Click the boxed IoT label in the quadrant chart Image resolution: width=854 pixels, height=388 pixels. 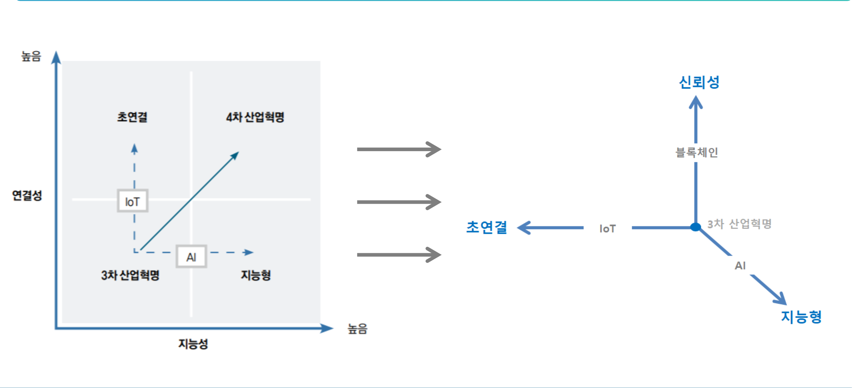click(132, 201)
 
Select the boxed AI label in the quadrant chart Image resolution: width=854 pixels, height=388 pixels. click(191, 257)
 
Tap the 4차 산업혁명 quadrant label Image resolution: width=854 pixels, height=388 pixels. click(255, 117)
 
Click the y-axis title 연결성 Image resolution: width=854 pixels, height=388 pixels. click(27, 195)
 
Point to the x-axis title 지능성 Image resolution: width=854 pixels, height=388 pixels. click(193, 344)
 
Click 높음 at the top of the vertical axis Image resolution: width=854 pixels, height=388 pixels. click(31, 56)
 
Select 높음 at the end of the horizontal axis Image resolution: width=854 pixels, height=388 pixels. click(357, 329)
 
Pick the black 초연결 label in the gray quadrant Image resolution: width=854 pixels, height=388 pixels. click(132, 117)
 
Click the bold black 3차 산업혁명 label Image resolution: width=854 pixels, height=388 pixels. click(130, 275)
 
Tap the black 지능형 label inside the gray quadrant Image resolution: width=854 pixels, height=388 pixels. click(256, 275)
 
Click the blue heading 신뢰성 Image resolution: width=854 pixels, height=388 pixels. click(699, 82)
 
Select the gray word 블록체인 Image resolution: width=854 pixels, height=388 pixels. click(696, 153)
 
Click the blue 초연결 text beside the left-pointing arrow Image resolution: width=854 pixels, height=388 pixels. click(487, 227)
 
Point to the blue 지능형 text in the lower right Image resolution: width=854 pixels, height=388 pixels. click(801, 317)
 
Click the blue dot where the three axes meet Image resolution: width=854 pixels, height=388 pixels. click(696, 227)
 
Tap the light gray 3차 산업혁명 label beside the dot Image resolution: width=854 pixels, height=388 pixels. click(739, 224)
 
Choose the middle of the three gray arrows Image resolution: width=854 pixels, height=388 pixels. click(399, 202)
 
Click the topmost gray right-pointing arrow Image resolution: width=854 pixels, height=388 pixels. click(399, 149)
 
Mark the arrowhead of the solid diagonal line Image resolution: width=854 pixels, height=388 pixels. click(235, 155)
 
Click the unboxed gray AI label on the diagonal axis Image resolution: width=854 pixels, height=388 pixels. click(740, 265)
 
